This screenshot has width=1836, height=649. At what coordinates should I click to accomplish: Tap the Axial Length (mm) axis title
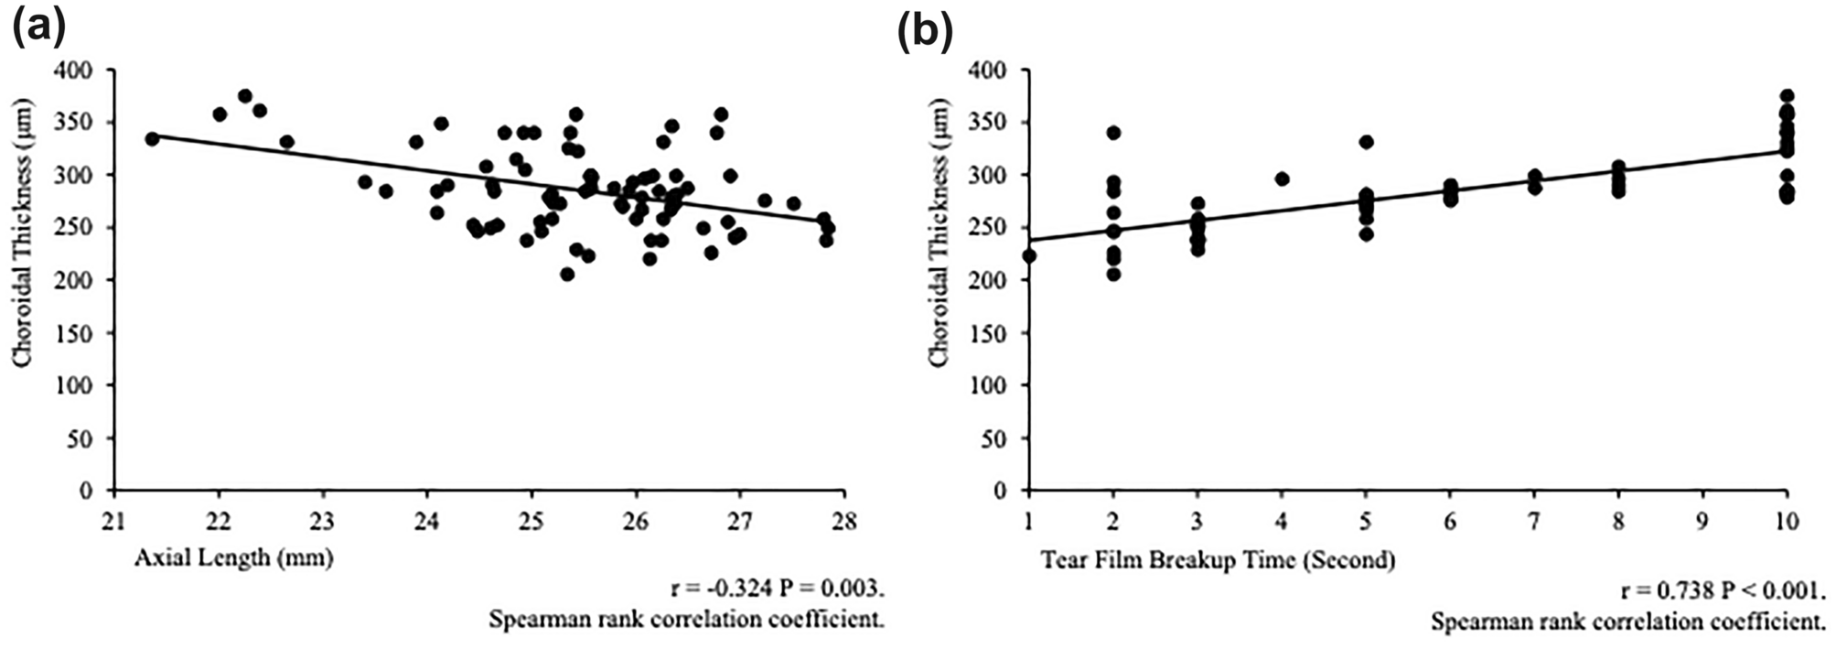coord(233,557)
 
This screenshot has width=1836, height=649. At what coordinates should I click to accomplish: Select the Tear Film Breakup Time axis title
coord(1218,559)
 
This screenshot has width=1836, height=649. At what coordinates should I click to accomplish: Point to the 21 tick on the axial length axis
coord(113,521)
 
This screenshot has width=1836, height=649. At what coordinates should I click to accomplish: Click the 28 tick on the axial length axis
coord(843,521)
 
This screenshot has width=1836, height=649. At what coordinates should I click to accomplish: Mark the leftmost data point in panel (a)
coord(152,138)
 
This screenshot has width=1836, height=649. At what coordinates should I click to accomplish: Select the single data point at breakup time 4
coord(1282,179)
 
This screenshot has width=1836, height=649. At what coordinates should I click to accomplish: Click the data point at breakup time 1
coord(1029,255)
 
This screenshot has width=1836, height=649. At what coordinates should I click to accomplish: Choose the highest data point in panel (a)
coord(245,96)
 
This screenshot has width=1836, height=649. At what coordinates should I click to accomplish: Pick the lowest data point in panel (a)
coord(567,275)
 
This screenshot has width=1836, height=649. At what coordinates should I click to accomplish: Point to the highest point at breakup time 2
coord(1113,133)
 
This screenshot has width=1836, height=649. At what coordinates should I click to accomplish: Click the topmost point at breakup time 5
coord(1366,142)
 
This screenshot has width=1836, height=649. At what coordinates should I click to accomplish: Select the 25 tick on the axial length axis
coord(531,521)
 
